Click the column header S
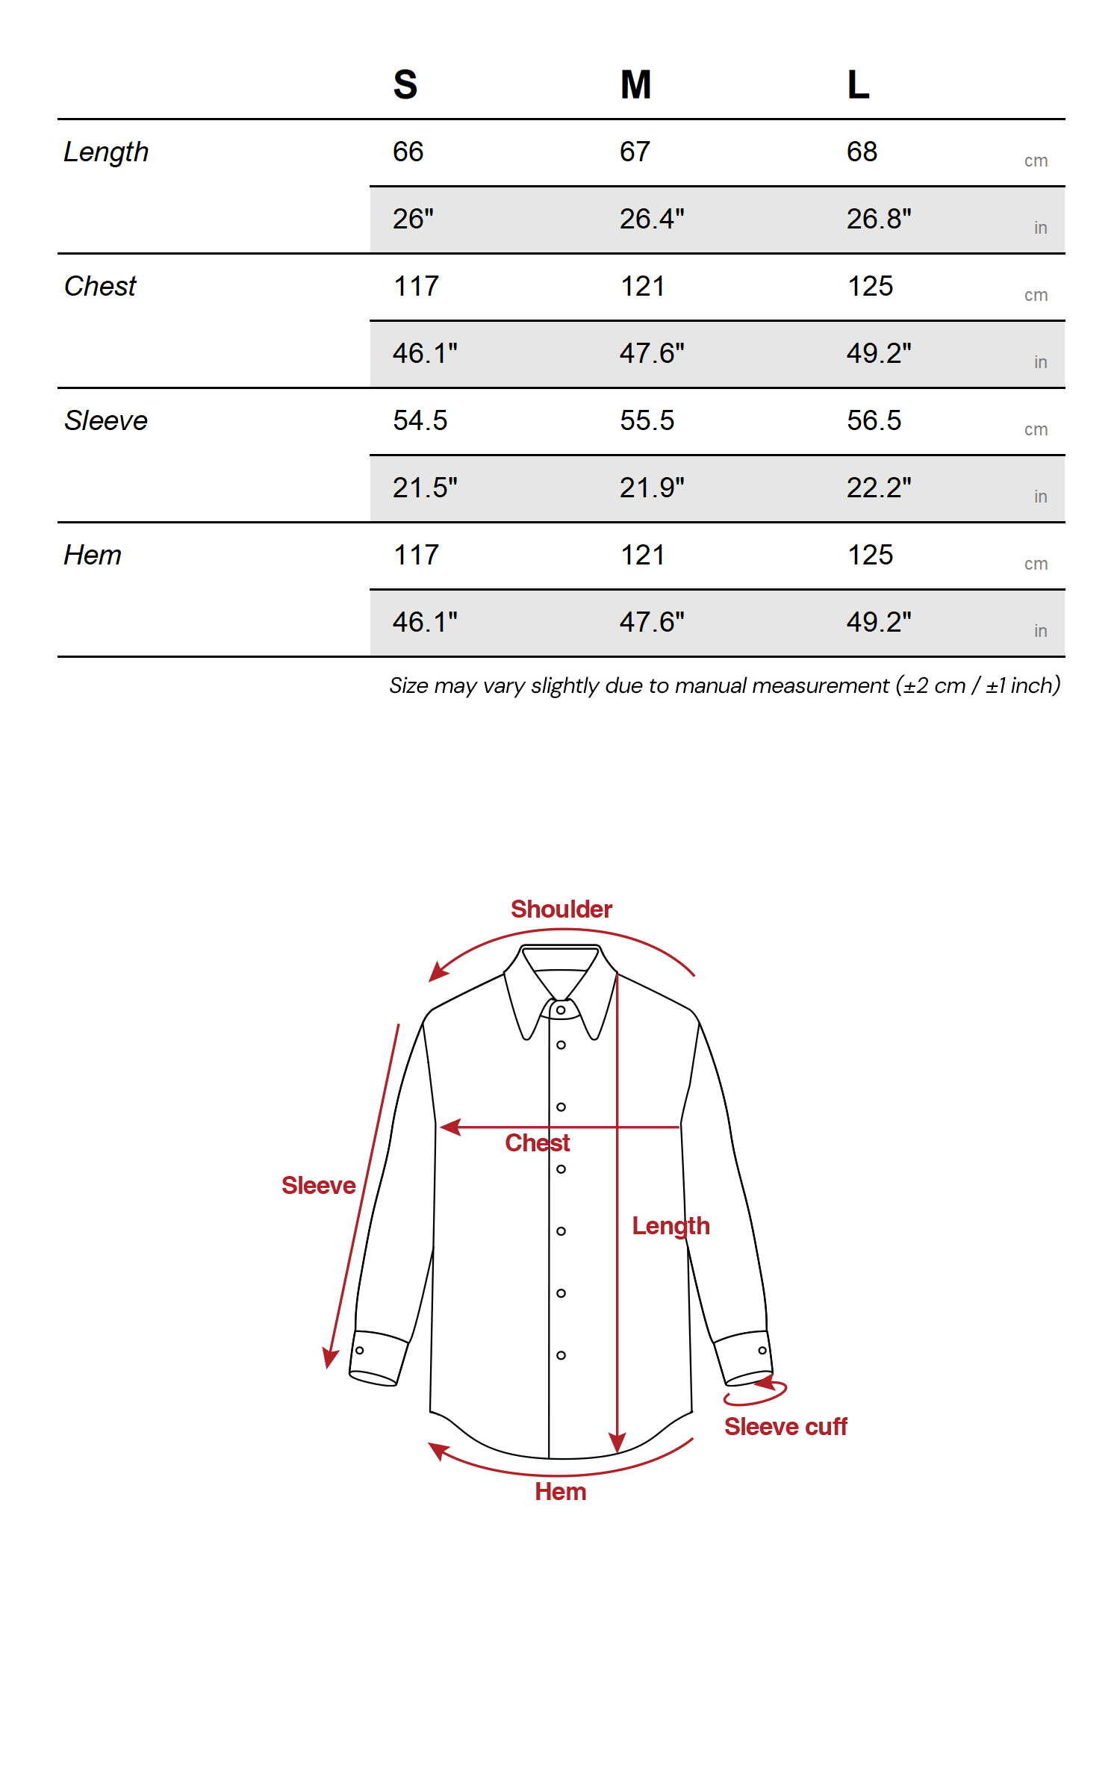[x=405, y=84]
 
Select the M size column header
[x=635, y=84]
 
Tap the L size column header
[x=858, y=84]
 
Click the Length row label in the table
[x=106, y=152]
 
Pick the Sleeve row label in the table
[x=106, y=421]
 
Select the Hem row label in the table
[x=93, y=556]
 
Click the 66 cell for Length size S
[x=408, y=152]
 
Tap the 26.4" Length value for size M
[x=652, y=220]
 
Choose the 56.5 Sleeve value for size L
[x=874, y=421]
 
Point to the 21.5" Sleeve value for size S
[x=425, y=488]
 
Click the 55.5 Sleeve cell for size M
[x=647, y=421]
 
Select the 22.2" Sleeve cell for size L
[x=879, y=488]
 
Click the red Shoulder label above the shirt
[x=561, y=909]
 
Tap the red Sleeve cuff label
[x=785, y=1427]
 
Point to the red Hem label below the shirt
[x=561, y=1492]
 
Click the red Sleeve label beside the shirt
[x=319, y=1186]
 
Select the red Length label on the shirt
[x=671, y=1226]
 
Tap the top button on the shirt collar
[x=561, y=1010]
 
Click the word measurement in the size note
[x=819, y=685]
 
